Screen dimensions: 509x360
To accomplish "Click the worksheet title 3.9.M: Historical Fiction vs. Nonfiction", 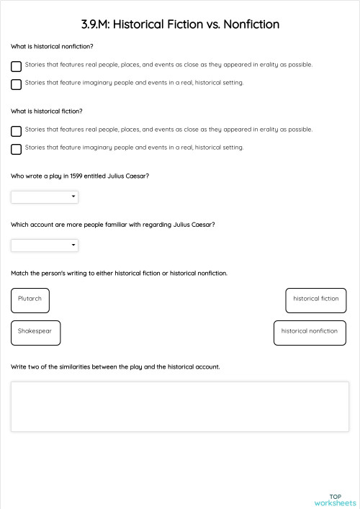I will coord(180,24).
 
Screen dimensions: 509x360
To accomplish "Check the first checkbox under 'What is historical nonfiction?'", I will coord(16,66).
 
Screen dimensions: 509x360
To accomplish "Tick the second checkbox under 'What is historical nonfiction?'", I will coord(16,84).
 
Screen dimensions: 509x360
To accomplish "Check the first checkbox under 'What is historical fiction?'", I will coord(16,131).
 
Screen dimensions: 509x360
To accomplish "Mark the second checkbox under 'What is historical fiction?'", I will coord(16,149).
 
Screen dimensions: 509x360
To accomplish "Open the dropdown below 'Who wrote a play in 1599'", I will coord(45,197).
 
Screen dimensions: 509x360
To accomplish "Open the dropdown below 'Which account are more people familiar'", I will coord(45,246).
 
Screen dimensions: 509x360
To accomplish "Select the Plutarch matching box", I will coord(30,299).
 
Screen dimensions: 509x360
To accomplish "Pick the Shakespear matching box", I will coord(36,333).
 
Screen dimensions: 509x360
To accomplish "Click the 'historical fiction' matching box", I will coord(315,299).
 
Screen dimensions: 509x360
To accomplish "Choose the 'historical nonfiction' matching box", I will coord(310,333).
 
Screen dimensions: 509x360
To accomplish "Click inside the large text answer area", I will coord(179,406).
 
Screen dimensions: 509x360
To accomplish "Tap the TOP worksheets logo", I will coord(335,500).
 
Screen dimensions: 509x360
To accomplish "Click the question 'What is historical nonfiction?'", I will coord(52,47).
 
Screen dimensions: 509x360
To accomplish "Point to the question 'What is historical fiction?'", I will coord(47,112).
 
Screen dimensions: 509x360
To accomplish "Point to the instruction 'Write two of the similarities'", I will coord(115,366).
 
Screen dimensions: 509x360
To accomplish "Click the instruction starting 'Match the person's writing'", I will coord(119,273).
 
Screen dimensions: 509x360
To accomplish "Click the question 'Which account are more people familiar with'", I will coord(112,225).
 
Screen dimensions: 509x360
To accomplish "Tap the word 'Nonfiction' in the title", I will coord(251,24).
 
